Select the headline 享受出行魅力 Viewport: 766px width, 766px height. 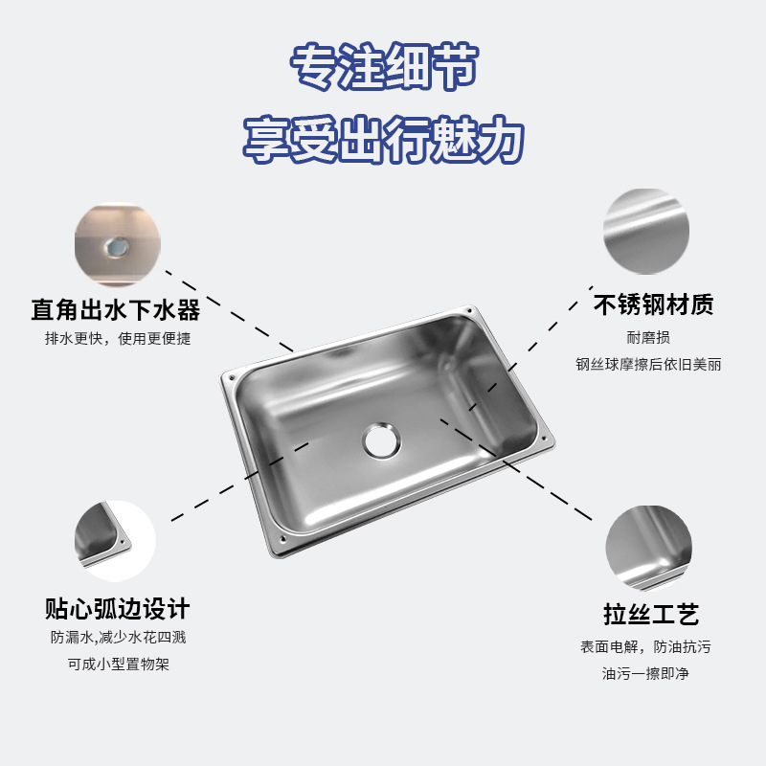[x=383, y=139]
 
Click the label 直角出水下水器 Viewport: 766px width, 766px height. [x=115, y=309]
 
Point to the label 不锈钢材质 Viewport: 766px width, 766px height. [x=654, y=305]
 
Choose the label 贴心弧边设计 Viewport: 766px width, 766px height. [x=117, y=608]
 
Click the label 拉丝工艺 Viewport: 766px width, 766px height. [x=651, y=614]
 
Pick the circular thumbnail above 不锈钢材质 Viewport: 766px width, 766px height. [x=648, y=231]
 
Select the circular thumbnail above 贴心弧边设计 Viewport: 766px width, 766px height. [x=116, y=541]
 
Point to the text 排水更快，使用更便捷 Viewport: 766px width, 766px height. [x=117, y=339]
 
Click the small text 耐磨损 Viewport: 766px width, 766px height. [x=648, y=337]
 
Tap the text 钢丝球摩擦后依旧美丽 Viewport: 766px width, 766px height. [x=648, y=365]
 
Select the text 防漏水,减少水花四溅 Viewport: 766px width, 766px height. [x=117, y=638]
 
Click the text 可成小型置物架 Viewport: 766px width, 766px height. [x=117, y=665]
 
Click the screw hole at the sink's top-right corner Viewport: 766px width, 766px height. [x=469, y=311]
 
